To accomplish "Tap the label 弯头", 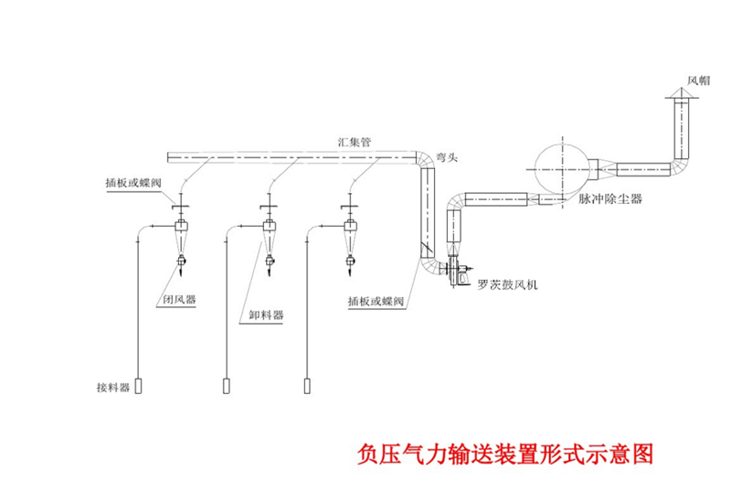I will point(447,158).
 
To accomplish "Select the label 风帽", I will point(697,80).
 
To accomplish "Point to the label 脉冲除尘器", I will point(609,198).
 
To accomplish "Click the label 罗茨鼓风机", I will point(508,284).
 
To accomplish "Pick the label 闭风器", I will point(179,299).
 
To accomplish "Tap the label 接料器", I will point(113,387).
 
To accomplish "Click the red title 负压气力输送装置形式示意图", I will point(506,454).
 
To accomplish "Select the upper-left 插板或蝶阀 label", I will point(133,184).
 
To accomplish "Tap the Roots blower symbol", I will point(454,271).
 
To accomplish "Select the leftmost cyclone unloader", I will point(181,234).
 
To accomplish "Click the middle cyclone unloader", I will point(268,234).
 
